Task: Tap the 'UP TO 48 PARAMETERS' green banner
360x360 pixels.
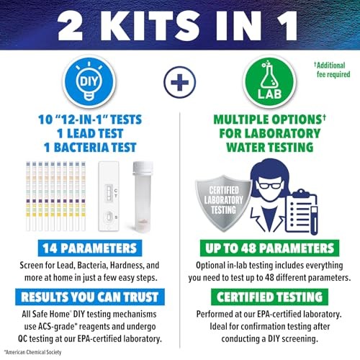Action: click(269, 249)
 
